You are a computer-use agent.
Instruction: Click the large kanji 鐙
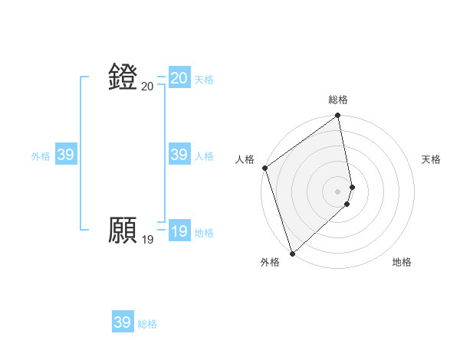coord(123,77)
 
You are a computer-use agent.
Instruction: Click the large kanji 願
coord(123,230)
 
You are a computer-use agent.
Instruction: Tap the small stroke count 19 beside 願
coord(147,240)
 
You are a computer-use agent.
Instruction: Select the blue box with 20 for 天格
coord(179,78)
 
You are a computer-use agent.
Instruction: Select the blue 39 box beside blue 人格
coord(179,155)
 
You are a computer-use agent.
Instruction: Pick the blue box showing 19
coord(179,231)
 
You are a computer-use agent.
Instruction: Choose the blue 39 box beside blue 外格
coord(66,155)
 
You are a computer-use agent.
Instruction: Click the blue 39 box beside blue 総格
coord(123,322)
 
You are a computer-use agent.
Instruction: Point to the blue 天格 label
coord(204,80)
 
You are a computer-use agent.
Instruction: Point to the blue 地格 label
coord(204,233)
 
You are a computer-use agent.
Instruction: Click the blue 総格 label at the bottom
coord(147,324)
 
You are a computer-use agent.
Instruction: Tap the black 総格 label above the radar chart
coord(338,100)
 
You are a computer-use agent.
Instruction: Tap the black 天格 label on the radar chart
coord(432,159)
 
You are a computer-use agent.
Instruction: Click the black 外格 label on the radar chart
coord(270,262)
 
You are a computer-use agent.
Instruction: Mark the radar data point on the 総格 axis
coord(338,116)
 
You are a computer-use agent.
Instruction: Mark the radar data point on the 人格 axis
coord(264,168)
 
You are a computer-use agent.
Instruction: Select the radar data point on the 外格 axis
coord(292,254)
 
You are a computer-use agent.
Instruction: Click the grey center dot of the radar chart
coord(338,191)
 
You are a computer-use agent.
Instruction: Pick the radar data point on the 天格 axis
coord(352,186)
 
